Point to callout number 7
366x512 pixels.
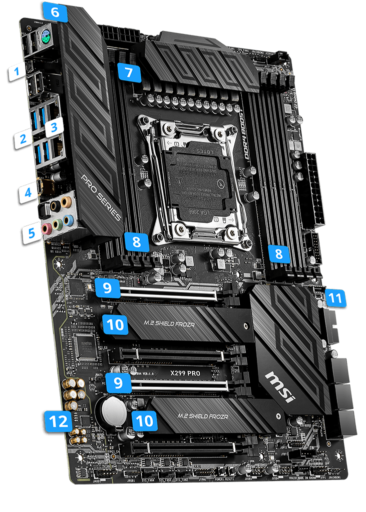tap(129, 72)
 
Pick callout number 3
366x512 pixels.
tap(54, 124)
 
